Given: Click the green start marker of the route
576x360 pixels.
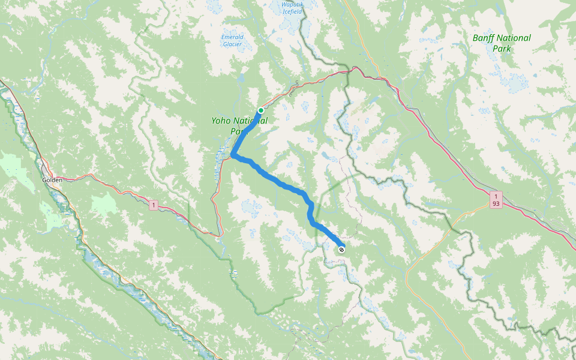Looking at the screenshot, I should coord(261,110).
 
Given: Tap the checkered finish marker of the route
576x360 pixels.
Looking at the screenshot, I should coord(341,249).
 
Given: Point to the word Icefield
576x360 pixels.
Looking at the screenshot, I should coord(292,12).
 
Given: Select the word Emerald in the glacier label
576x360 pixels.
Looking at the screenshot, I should coord(232,37).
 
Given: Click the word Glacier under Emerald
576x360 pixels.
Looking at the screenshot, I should coord(232,44).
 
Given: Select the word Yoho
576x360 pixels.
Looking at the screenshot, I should coord(221,121).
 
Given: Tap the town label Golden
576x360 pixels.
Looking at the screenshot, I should coord(52,180).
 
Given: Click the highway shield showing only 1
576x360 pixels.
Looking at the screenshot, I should coord(154,206).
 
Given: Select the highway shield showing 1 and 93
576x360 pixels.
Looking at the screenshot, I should coord(496,200).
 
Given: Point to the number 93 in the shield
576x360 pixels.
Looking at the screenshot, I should coord(496,204).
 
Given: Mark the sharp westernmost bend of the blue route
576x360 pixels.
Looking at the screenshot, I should coord(232,157).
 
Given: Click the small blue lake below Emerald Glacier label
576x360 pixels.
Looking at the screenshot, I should coord(240,77).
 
